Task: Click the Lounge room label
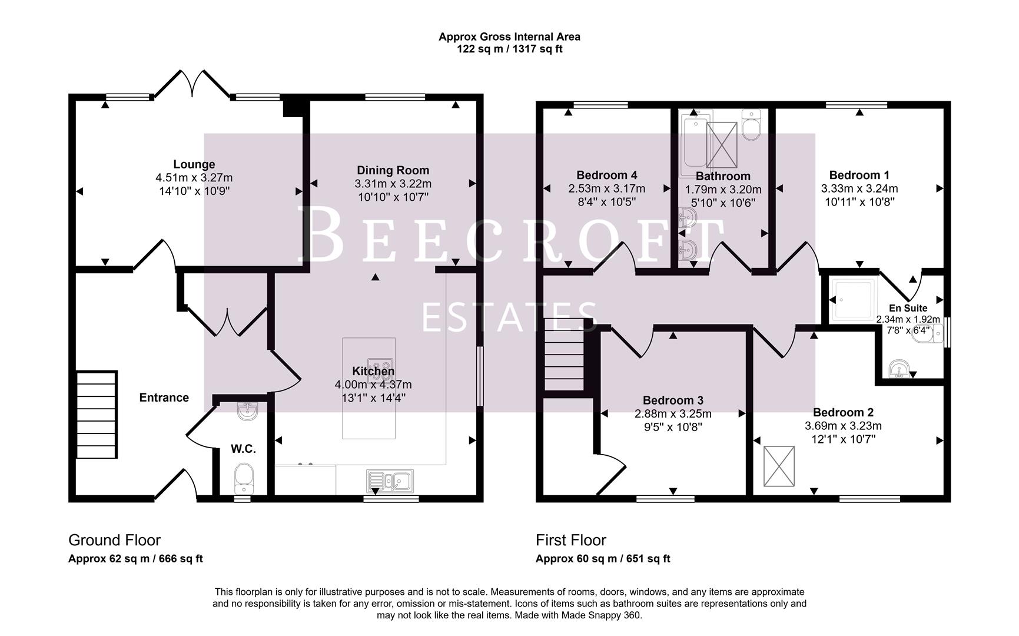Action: [x=194, y=164]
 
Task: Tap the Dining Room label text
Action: [x=393, y=171]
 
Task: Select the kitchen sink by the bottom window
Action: [x=390, y=481]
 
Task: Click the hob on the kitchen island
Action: [x=380, y=366]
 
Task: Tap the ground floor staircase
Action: [x=95, y=415]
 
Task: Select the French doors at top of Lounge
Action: [x=192, y=84]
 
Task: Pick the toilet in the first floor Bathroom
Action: [x=752, y=125]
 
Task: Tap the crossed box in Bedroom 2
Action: [x=779, y=466]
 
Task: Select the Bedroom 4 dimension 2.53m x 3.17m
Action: [x=606, y=188]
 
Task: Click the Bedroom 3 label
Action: [x=673, y=400]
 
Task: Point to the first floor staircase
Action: [x=564, y=355]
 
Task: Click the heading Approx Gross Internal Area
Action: [x=509, y=37]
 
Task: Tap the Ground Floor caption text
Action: [x=114, y=540]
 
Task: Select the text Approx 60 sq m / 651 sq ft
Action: [x=602, y=559]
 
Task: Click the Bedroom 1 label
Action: [x=859, y=175]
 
